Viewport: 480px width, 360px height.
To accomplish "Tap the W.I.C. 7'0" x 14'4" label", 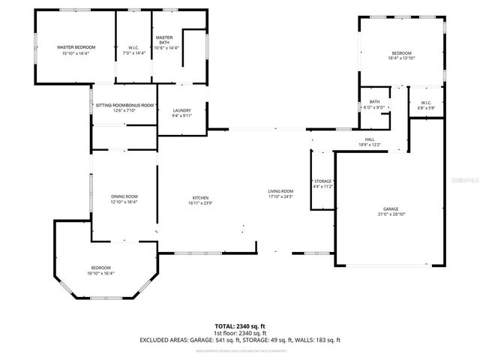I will (x=132, y=47).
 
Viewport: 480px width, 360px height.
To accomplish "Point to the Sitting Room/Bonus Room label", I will (x=124, y=106).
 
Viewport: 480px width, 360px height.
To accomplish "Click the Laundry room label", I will (x=181, y=110).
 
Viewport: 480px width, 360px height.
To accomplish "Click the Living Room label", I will (x=280, y=191).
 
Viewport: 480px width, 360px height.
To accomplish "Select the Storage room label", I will (x=322, y=181).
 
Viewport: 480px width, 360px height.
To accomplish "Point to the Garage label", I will (x=391, y=209).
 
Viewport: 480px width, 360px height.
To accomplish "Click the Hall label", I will (x=370, y=139).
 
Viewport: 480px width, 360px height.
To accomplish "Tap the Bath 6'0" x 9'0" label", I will (x=373, y=102).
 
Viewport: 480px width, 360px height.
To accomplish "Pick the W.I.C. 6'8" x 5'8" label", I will (x=426, y=103).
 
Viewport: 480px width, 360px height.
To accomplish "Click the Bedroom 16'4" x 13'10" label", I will (x=402, y=52).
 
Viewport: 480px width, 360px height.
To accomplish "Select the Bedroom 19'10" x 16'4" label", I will (x=101, y=268).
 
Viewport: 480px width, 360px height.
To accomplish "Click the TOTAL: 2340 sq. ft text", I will (x=240, y=326).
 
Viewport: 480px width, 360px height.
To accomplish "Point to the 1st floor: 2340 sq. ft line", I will (x=240, y=333).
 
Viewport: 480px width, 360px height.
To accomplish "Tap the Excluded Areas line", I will (x=240, y=340).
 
